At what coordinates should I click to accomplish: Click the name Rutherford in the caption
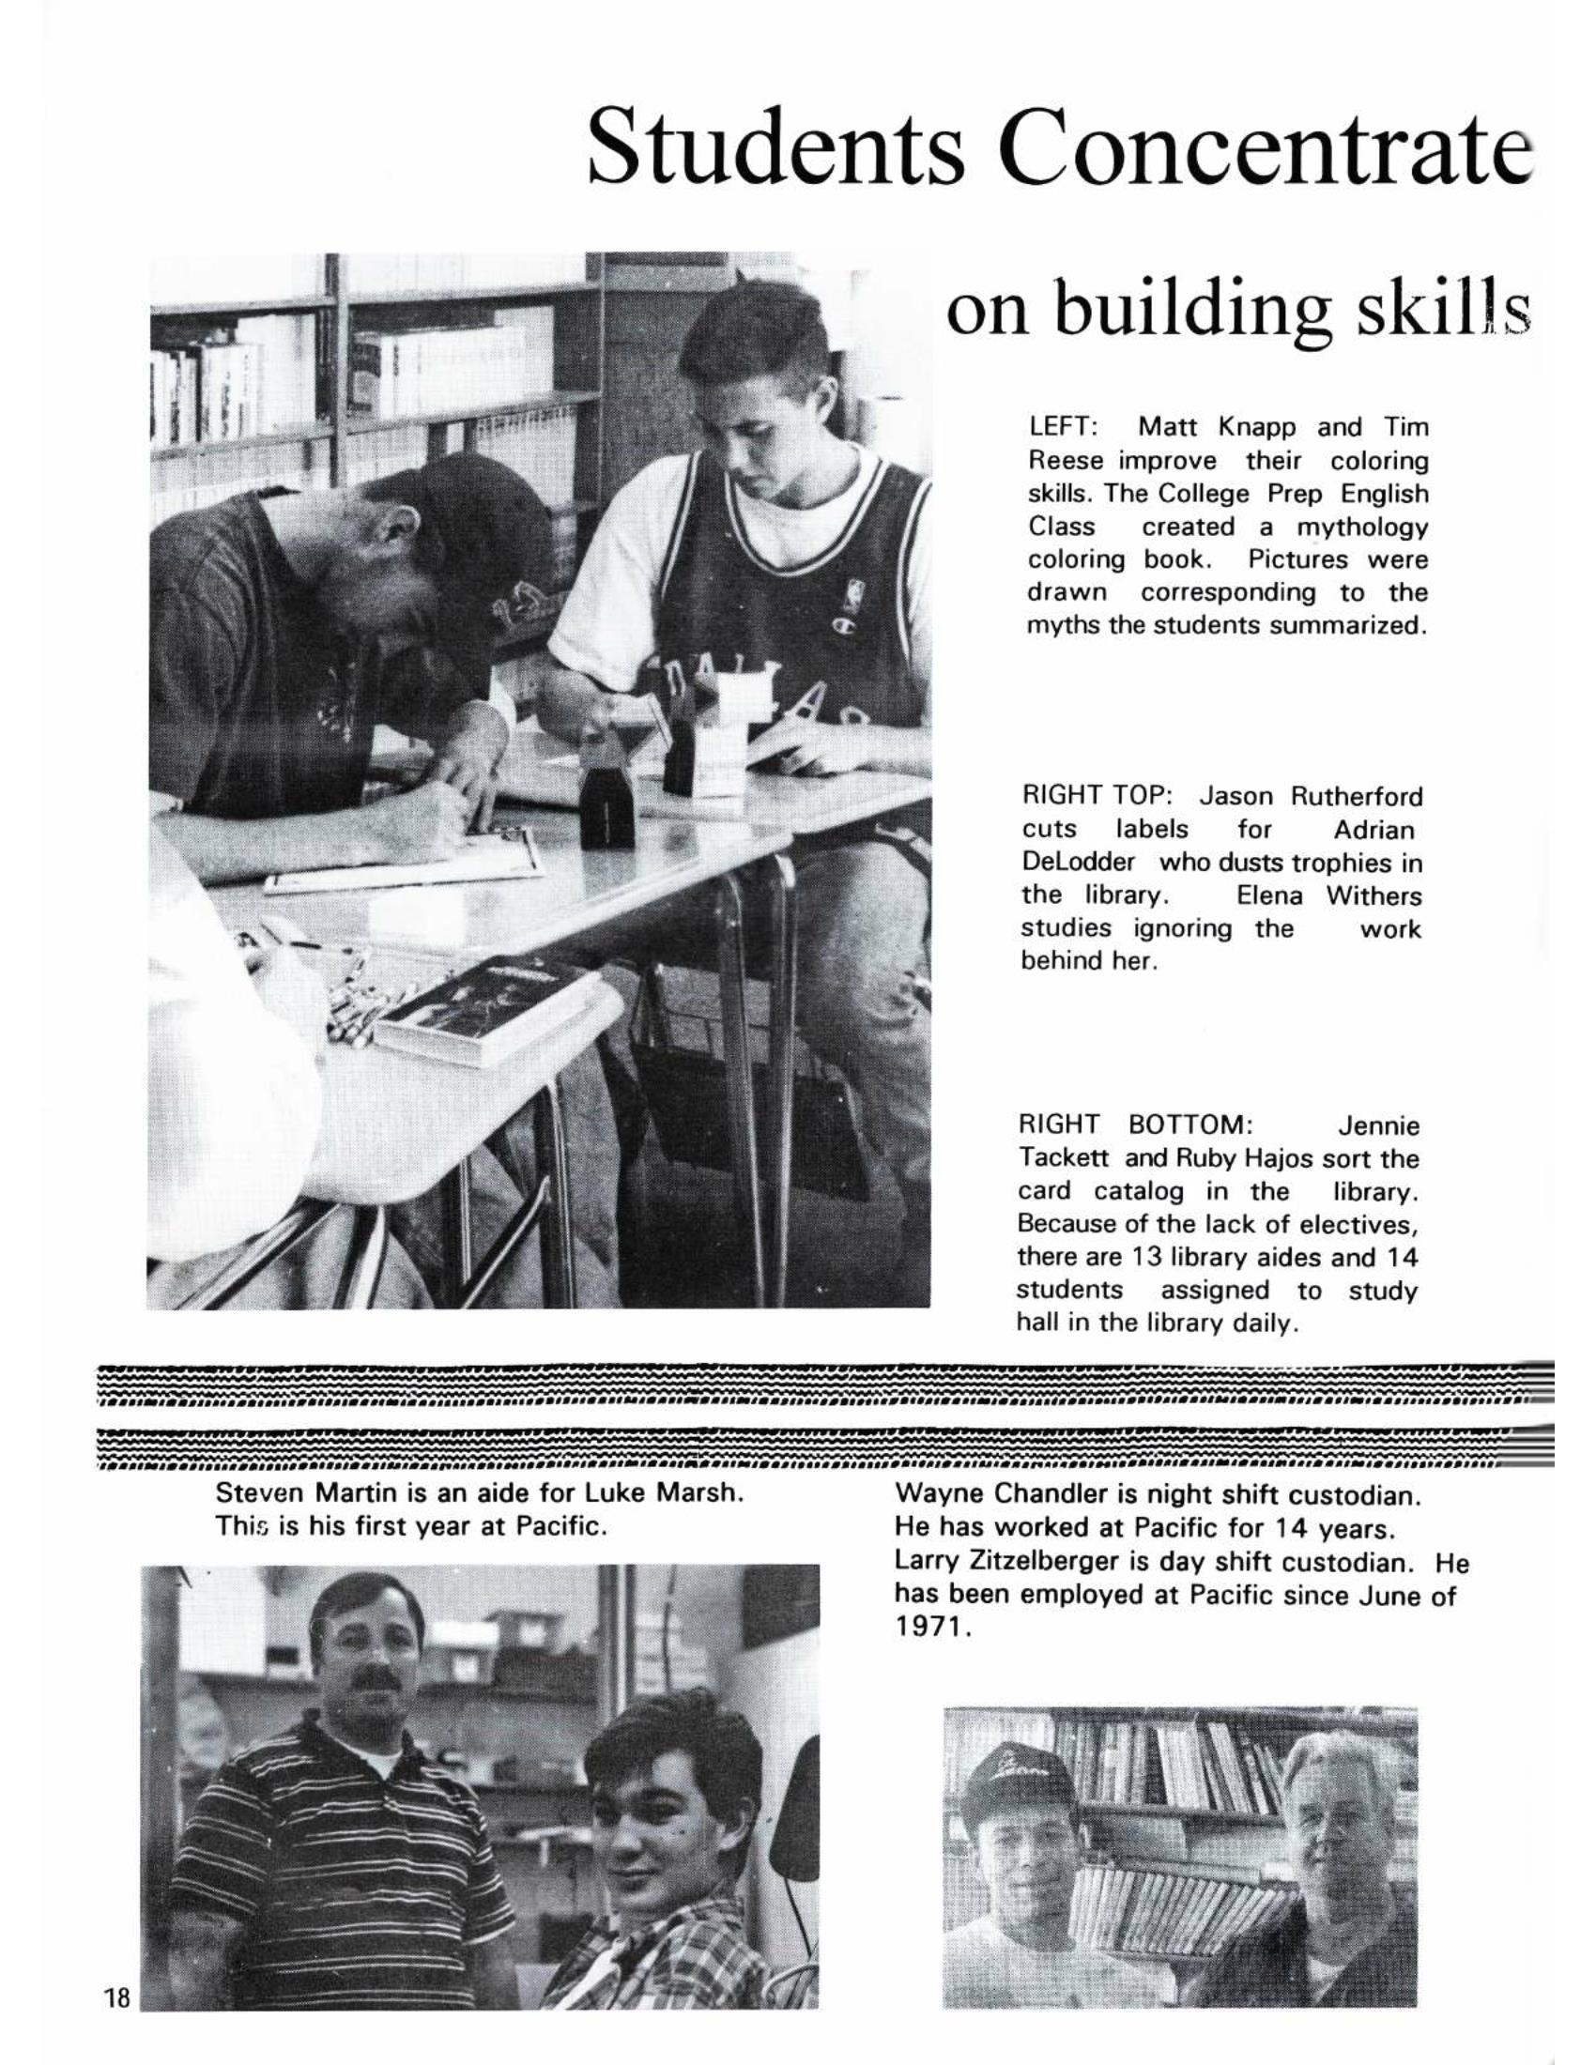(1357, 796)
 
